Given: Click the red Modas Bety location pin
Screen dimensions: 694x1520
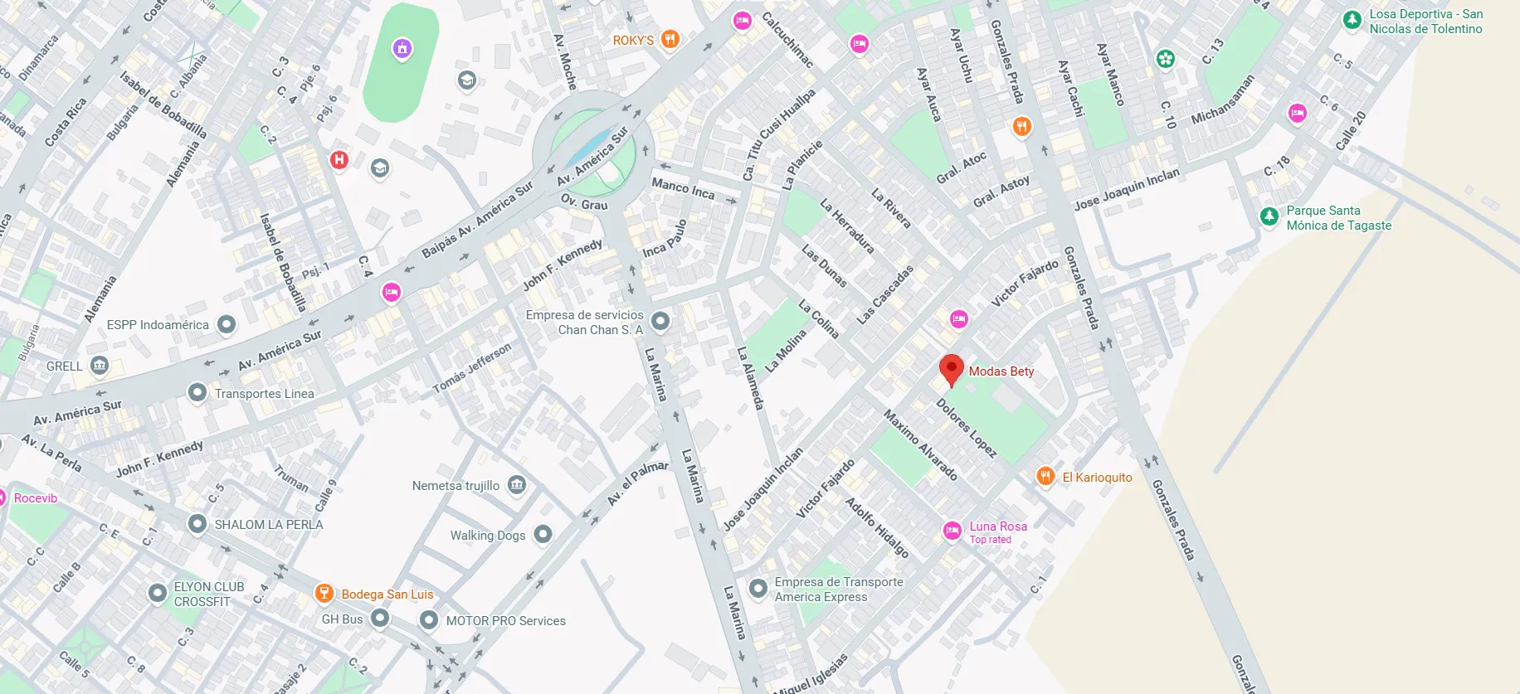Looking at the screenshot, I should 951,369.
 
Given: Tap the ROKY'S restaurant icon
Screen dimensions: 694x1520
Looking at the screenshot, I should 670,39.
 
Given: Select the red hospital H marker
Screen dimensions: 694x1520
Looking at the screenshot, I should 339,159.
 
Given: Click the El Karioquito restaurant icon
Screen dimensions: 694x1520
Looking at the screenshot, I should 1045,476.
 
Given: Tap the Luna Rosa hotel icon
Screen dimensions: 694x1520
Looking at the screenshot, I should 952,531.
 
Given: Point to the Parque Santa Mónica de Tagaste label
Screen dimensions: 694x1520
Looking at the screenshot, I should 1338,218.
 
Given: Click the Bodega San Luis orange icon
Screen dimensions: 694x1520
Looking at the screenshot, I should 324,593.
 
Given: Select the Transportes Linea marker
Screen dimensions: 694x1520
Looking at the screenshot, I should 197,392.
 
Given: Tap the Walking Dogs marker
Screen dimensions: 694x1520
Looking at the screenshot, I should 543,534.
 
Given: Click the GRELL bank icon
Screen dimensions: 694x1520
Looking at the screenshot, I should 100,365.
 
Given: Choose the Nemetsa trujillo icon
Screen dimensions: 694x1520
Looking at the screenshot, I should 517,484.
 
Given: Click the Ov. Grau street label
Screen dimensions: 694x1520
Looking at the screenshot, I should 584,202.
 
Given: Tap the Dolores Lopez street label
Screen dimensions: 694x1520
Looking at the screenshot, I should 966,428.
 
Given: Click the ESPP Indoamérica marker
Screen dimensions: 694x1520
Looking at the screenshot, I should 227,324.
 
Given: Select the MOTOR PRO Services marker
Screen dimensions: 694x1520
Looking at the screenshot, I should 428,619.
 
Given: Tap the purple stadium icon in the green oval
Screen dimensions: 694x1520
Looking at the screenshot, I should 402,49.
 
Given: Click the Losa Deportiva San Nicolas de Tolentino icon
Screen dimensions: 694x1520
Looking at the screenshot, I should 1352,20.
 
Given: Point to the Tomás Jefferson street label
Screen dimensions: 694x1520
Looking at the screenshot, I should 472,368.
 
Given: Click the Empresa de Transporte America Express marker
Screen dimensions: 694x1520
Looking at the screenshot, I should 758,588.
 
